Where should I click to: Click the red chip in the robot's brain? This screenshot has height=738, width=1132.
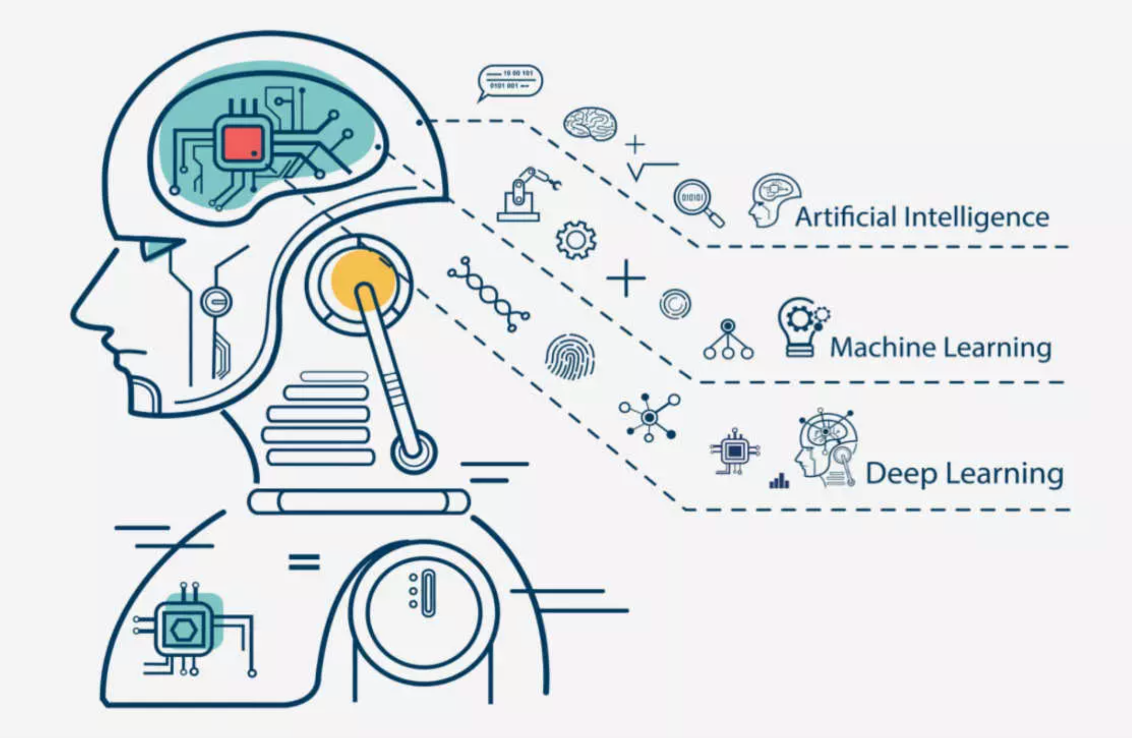coord(242,144)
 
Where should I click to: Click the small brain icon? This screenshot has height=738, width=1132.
coord(590,124)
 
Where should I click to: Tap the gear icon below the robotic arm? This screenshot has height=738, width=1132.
coord(576,240)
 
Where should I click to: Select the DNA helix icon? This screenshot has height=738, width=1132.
coord(488,294)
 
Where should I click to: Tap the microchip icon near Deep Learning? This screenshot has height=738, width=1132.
coord(734,451)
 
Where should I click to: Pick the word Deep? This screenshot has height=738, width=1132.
coord(900,474)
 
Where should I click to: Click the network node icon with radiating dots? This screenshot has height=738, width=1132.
coord(649,418)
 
